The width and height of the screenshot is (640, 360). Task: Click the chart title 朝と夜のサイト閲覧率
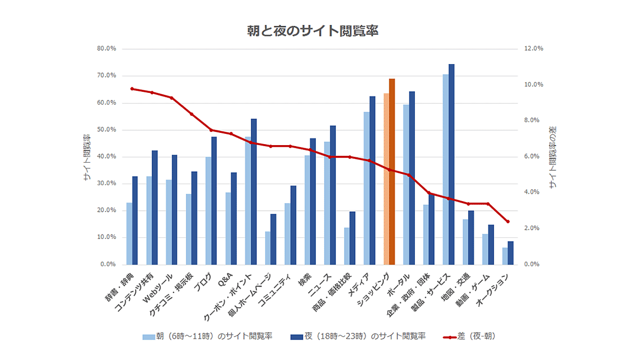tap(312, 31)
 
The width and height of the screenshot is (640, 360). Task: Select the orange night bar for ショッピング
tap(392, 172)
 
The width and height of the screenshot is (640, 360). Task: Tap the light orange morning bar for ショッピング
tap(386, 179)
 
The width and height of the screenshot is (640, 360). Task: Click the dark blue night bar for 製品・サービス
tap(451, 164)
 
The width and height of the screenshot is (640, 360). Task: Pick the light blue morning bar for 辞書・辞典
tap(129, 233)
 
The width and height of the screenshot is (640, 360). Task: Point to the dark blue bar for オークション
tap(510, 253)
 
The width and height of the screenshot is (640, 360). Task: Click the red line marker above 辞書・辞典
tap(132, 89)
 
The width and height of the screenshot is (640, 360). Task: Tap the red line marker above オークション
tap(508, 222)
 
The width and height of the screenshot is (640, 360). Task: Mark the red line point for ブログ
tap(211, 130)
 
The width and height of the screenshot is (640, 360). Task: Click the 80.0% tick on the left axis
tap(106, 49)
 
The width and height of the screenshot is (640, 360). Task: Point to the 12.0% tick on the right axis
tap(533, 49)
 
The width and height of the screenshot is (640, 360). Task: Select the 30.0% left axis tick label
tap(106, 184)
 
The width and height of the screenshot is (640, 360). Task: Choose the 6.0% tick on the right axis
tap(532, 156)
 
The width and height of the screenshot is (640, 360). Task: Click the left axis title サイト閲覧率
tap(87, 157)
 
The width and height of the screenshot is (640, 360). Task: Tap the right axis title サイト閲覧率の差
tap(552, 157)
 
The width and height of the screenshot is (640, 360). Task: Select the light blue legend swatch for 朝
tap(148, 337)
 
